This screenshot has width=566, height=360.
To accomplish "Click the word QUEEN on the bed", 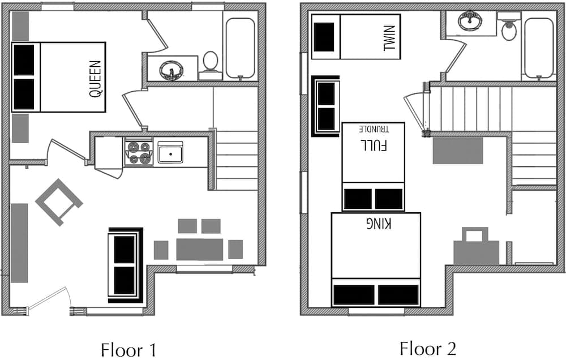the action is point(96,79).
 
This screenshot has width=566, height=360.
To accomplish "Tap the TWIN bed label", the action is point(389,37).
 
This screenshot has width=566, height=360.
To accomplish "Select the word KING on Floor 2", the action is point(378,224).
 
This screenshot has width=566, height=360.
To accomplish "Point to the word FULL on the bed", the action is point(374,144).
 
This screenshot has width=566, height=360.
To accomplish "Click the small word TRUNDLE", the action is point(374,129).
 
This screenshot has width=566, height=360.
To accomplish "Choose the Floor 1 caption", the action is point(128,350).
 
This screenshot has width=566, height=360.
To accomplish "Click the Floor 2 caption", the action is point(428,349).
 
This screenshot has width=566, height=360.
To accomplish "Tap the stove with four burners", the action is point(139,152).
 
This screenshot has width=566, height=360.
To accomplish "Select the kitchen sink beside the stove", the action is point(170,152).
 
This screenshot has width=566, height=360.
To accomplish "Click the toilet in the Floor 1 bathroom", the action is point(211,65).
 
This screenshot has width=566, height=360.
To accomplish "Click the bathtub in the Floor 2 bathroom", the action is point(539,48).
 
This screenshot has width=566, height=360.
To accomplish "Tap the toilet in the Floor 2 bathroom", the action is point(509,26).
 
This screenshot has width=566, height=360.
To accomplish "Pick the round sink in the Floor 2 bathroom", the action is point(470,21).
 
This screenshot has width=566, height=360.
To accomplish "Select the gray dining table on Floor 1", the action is point(200,250).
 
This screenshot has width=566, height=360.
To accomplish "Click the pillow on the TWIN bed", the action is point(324,37).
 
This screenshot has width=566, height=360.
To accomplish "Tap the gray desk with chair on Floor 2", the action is point(477,246).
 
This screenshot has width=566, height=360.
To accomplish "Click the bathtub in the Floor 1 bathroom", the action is point(241,48).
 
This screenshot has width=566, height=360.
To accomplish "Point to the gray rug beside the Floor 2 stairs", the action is point(458,151).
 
